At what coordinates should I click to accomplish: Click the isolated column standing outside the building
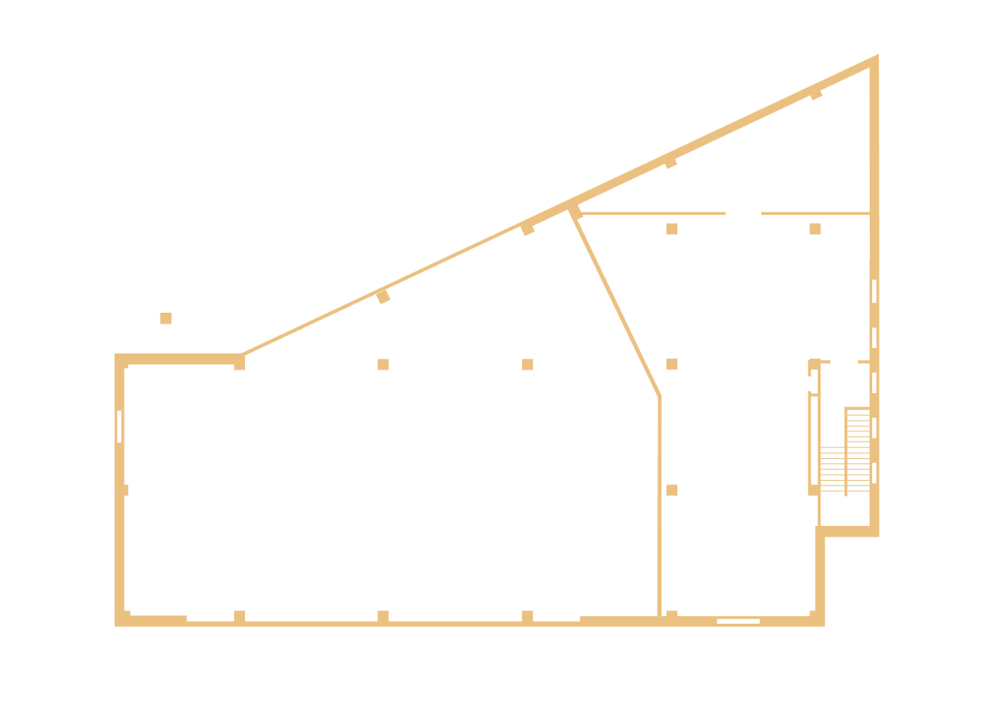pos(166,319)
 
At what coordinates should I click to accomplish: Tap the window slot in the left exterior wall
pos(120,426)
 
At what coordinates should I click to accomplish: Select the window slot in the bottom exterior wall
pos(738,621)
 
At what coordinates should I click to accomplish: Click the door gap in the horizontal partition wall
pos(743,213)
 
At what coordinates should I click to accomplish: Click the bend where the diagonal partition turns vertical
pos(659,395)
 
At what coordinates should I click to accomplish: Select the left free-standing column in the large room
pos(383,365)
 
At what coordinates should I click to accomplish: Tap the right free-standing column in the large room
pos(528,365)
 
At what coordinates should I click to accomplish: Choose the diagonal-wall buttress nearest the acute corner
pos(815,94)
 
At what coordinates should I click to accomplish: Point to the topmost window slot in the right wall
pos(874,292)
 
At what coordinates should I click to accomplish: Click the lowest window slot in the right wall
pos(874,473)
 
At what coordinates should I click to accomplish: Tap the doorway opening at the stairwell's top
pos(844,361)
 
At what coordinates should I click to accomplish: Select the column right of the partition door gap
pos(815,229)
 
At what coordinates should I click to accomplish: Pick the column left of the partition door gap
pos(672,229)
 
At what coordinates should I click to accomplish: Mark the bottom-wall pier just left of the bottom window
pos(672,615)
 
